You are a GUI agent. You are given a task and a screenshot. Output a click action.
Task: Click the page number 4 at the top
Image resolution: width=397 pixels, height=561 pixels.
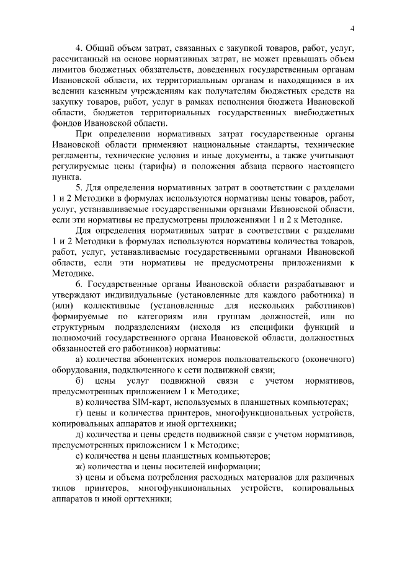pyautogui.click(x=352, y=28)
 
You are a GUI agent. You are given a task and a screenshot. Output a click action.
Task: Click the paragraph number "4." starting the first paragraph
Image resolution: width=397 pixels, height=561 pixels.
pyautogui.click(x=79, y=48)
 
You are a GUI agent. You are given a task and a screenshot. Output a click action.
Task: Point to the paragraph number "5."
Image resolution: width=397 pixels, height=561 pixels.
pyautogui.click(x=79, y=188)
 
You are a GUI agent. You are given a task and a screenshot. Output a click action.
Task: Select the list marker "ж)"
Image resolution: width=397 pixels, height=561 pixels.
pyautogui.click(x=80, y=466)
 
